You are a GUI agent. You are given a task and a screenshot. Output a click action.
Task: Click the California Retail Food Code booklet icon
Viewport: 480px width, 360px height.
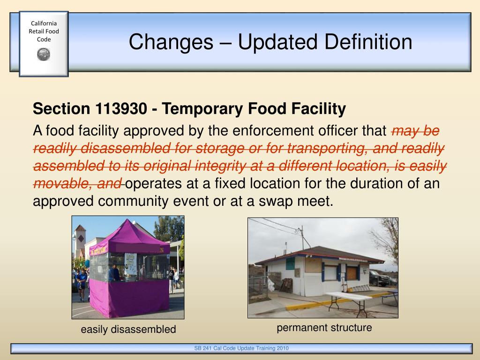coord(44,44)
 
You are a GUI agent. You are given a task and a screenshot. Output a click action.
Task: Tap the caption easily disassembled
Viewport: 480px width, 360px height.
coord(128,330)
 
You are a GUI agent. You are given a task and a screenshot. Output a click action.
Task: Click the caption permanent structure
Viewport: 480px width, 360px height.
coord(324,328)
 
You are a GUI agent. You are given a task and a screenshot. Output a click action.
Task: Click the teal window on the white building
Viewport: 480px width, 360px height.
coord(291,263)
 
